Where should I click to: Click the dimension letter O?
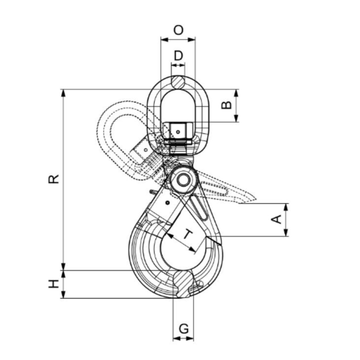(x=178, y=30)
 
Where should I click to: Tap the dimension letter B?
(x=226, y=105)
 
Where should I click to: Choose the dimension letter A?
(x=275, y=220)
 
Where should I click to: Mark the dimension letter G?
(x=183, y=327)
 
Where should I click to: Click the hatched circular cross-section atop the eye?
(x=178, y=81)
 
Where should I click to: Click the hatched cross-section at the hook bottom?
(x=183, y=282)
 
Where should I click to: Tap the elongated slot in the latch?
(x=200, y=208)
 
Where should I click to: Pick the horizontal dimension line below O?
(x=178, y=39)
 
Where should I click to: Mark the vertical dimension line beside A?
(x=286, y=220)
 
